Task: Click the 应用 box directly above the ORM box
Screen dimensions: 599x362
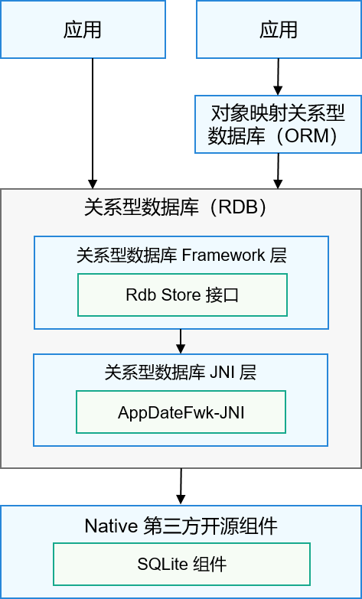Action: [278, 30]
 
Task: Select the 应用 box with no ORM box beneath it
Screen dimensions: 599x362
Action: [83, 30]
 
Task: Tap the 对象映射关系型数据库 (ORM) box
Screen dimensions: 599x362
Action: [278, 124]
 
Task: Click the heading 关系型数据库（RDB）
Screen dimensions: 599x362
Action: [181, 208]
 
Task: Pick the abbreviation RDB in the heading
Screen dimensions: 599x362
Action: [241, 208]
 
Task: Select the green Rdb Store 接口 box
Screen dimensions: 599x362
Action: [182, 295]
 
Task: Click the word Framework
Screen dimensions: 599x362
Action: [223, 256]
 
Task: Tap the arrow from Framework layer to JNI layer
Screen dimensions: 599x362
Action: [181, 340]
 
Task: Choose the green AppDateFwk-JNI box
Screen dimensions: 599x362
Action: [181, 412]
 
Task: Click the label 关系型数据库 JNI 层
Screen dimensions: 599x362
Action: [181, 373]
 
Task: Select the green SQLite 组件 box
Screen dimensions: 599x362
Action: [181, 565]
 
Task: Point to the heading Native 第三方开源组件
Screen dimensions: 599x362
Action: [181, 526]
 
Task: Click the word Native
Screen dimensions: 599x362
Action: [110, 526]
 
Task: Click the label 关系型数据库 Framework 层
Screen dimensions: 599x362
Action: [181, 256]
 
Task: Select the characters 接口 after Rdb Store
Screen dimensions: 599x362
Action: [224, 295]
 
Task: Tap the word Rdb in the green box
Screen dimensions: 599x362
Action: [139, 295]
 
